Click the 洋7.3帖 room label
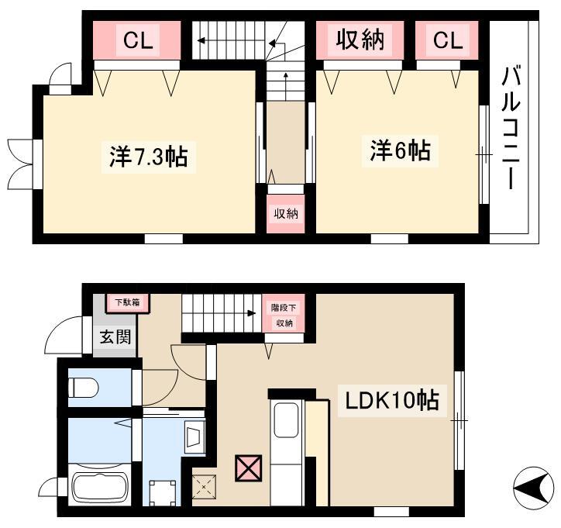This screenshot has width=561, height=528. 149,157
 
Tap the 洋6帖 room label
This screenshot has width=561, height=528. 400,150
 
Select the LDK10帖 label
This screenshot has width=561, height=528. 392,400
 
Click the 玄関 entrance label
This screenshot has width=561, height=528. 115,336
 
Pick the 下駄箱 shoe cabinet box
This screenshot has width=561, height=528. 127,303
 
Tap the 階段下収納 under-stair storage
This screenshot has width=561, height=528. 284,314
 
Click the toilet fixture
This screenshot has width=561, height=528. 84,388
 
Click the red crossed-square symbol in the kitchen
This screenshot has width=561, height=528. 248,468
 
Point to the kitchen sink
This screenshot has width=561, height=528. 286,420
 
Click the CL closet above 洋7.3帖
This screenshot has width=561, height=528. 136,40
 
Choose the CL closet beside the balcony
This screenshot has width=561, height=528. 447,40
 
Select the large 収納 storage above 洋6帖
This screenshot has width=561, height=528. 360,40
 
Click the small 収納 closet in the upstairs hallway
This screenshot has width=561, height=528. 286,214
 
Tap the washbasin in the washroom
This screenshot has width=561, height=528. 194,437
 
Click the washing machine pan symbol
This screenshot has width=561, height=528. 163,493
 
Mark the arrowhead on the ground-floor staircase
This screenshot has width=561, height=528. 252,313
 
